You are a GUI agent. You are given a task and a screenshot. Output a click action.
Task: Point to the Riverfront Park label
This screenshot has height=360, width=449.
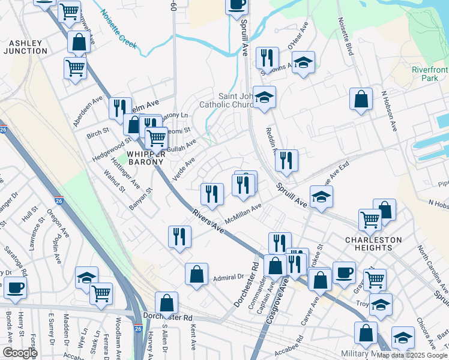click(x=429, y=74)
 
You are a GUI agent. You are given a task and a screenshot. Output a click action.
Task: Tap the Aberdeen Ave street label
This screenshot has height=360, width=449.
click(x=89, y=109)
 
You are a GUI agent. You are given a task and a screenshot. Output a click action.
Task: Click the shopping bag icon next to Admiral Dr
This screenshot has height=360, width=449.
click(x=196, y=275)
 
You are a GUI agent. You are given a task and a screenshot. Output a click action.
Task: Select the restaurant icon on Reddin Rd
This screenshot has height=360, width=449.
click(x=286, y=160)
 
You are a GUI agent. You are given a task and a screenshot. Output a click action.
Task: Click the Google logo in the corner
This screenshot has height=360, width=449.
click(x=19, y=353)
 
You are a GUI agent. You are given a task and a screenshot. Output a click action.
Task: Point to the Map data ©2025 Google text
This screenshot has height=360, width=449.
click(x=411, y=355)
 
